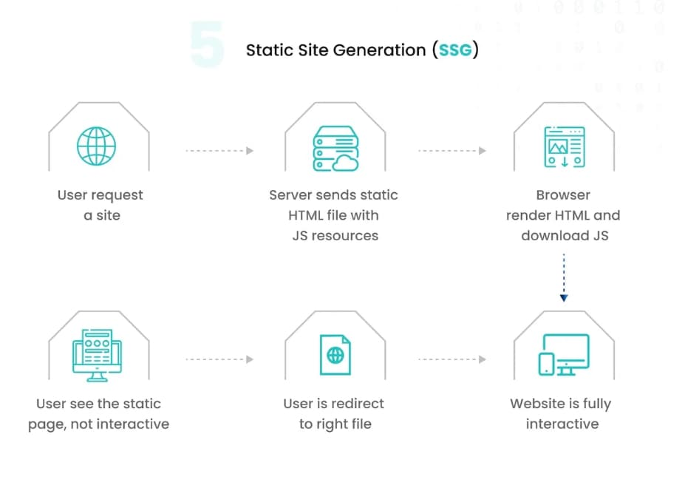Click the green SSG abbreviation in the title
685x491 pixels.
tap(458, 50)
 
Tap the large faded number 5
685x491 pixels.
tap(207, 46)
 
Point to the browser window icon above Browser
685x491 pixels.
tap(564, 147)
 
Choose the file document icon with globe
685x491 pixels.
tap(335, 355)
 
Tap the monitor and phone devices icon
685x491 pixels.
tap(564, 355)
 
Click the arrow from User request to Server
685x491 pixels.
tap(219, 151)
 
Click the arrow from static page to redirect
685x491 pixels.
tap(219, 359)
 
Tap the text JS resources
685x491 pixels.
tap(334, 236)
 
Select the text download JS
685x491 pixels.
tap(564, 236)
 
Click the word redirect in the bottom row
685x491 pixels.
tap(358, 404)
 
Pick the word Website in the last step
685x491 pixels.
tap(534, 404)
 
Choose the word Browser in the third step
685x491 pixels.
tap(563, 195)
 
